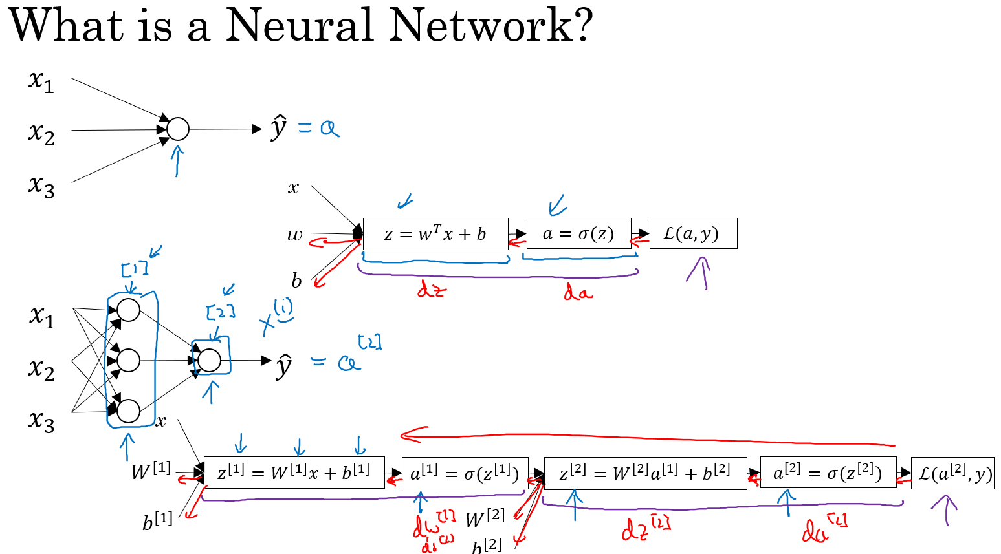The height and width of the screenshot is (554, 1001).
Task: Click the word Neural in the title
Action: [298, 26]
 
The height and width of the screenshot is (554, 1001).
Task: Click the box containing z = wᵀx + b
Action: [435, 234]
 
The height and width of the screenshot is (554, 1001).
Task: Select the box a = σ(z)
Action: [578, 234]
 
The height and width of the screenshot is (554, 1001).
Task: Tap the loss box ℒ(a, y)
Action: [692, 233]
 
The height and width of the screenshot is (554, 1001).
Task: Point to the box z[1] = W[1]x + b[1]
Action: [294, 473]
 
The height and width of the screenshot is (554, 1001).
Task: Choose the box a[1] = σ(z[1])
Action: [465, 474]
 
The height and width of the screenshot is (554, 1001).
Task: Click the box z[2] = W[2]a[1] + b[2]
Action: [645, 473]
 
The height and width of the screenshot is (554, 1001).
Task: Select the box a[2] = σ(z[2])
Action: [828, 473]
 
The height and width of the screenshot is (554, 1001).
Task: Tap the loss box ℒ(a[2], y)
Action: [952, 473]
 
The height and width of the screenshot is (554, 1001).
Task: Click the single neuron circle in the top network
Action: [178, 129]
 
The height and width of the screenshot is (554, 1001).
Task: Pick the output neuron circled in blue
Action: [209, 360]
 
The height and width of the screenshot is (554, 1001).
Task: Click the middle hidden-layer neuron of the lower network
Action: [129, 360]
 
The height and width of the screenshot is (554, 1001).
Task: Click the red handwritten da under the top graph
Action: [577, 292]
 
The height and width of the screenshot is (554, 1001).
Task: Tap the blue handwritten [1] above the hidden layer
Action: [134, 268]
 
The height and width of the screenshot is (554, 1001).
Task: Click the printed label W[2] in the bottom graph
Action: [485, 517]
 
